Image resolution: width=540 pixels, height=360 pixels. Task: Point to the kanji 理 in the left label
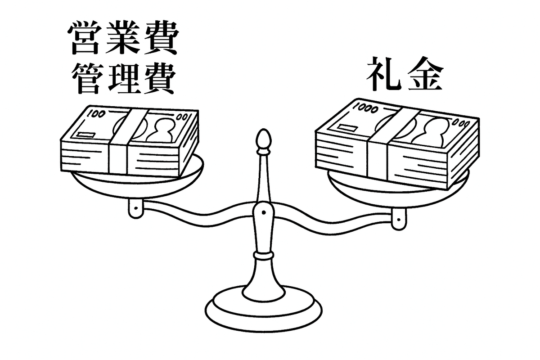tap(121, 78)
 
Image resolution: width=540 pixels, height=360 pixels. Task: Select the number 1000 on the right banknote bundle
tap(365, 108)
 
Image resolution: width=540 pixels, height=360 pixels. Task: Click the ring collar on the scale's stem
tap(263, 256)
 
